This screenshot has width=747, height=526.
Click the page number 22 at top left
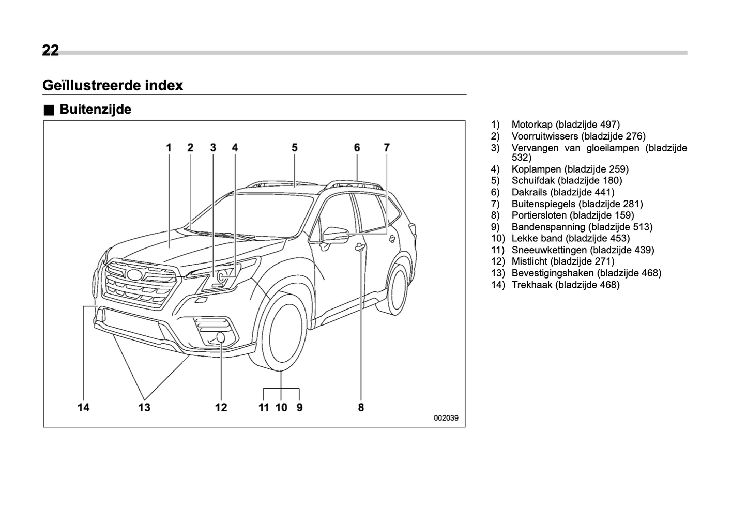[51, 51]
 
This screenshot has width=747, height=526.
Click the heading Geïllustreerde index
[113, 85]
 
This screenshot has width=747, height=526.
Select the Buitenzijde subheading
[95, 110]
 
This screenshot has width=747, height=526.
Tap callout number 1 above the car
[169, 148]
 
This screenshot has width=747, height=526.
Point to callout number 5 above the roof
[294, 148]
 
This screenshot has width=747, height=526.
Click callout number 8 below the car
[361, 407]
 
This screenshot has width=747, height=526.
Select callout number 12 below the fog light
[221, 407]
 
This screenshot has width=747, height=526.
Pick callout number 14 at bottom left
[83, 407]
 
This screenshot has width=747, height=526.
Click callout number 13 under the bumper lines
[144, 407]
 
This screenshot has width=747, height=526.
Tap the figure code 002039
[446, 418]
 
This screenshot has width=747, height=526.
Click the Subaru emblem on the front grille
[135, 275]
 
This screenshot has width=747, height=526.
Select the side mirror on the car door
[336, 235]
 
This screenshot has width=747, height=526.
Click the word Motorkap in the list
[532, 125]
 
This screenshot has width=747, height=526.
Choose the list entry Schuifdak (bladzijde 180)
[567, 180]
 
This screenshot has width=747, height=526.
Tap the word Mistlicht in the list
[529, 261]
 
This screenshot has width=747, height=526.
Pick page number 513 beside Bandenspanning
[643, 227]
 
